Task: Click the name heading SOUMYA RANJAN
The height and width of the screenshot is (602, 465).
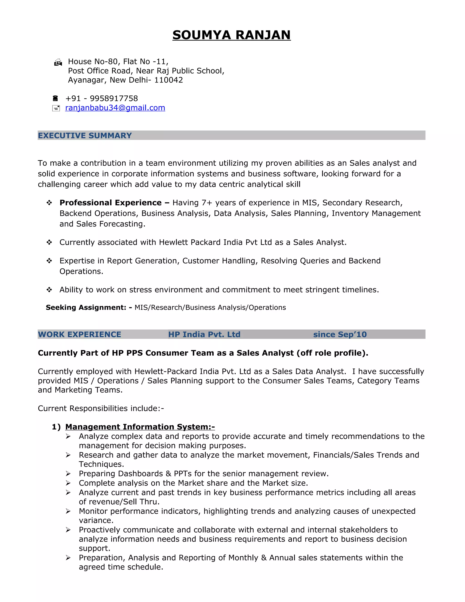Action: (x=231, y=35)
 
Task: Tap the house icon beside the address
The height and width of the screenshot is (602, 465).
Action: (x=58, y=62)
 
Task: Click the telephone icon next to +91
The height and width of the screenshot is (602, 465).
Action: (x=55, y=98)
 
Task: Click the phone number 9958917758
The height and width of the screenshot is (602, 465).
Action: (x=114, y=98)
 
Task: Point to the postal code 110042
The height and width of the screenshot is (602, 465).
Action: (x=169, y=80)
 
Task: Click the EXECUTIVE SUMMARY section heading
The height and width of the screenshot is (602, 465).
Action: (x=85, y=136)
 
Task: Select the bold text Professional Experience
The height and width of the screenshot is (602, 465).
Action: (x=111, y=203)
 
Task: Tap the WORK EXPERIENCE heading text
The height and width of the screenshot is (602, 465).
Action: (x=80, y=335)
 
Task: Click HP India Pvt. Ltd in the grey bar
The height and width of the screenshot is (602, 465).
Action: (x=204, y=335)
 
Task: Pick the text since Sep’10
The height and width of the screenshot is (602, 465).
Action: (x=340, y=335)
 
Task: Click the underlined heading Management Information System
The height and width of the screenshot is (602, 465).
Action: (x=140, y=427)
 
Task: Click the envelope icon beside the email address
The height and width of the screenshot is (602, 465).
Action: (x=56, y=108)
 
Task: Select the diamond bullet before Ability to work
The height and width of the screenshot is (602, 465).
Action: (x=49, y=290)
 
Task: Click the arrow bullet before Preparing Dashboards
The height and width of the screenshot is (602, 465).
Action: (x=68, y=474)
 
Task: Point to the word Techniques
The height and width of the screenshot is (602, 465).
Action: (x=101, y=465)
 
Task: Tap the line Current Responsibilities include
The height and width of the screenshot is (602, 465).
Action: (x=101, y=408)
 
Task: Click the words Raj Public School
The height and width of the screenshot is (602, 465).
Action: (x=190, y=71)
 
